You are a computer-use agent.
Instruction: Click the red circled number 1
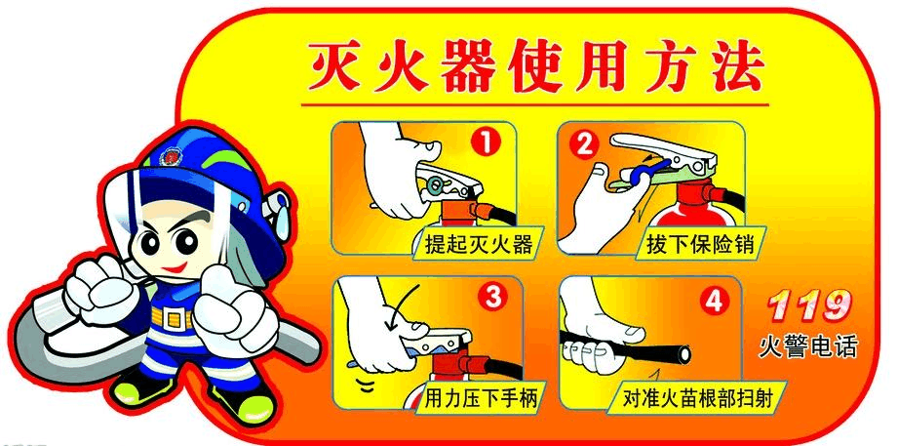[x=486, y=142]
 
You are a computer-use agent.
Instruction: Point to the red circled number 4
[x=713, y=302]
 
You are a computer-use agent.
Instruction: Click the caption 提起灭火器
[x=479, y=244]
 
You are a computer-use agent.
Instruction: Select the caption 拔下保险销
[x=700, y=244]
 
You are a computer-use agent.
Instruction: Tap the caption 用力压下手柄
[x=481, y=398]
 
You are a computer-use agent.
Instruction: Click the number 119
[x=808, y=305]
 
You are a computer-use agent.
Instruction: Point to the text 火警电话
[x=808, y=346]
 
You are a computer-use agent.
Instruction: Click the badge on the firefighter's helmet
[x=171, y=156]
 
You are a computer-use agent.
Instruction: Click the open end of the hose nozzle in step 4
[x=683, y=354]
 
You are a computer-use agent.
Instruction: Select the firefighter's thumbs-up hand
[x=232, y=303]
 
